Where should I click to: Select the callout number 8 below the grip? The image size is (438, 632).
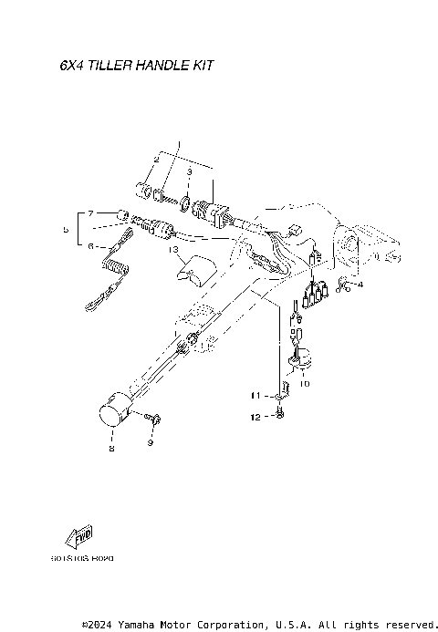(x=111, y=448)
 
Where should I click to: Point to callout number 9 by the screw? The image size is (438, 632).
(x=151, y=443)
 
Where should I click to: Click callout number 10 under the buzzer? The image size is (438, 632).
(x=304, y=384)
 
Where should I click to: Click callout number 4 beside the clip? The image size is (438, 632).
(x=360, y=285)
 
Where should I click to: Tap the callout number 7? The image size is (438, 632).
(x=90, y=212)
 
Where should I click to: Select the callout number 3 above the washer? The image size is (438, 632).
(x=189, y=171)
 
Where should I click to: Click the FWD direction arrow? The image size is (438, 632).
(x=77, y=538)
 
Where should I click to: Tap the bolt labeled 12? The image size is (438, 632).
(x=278, y=416)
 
